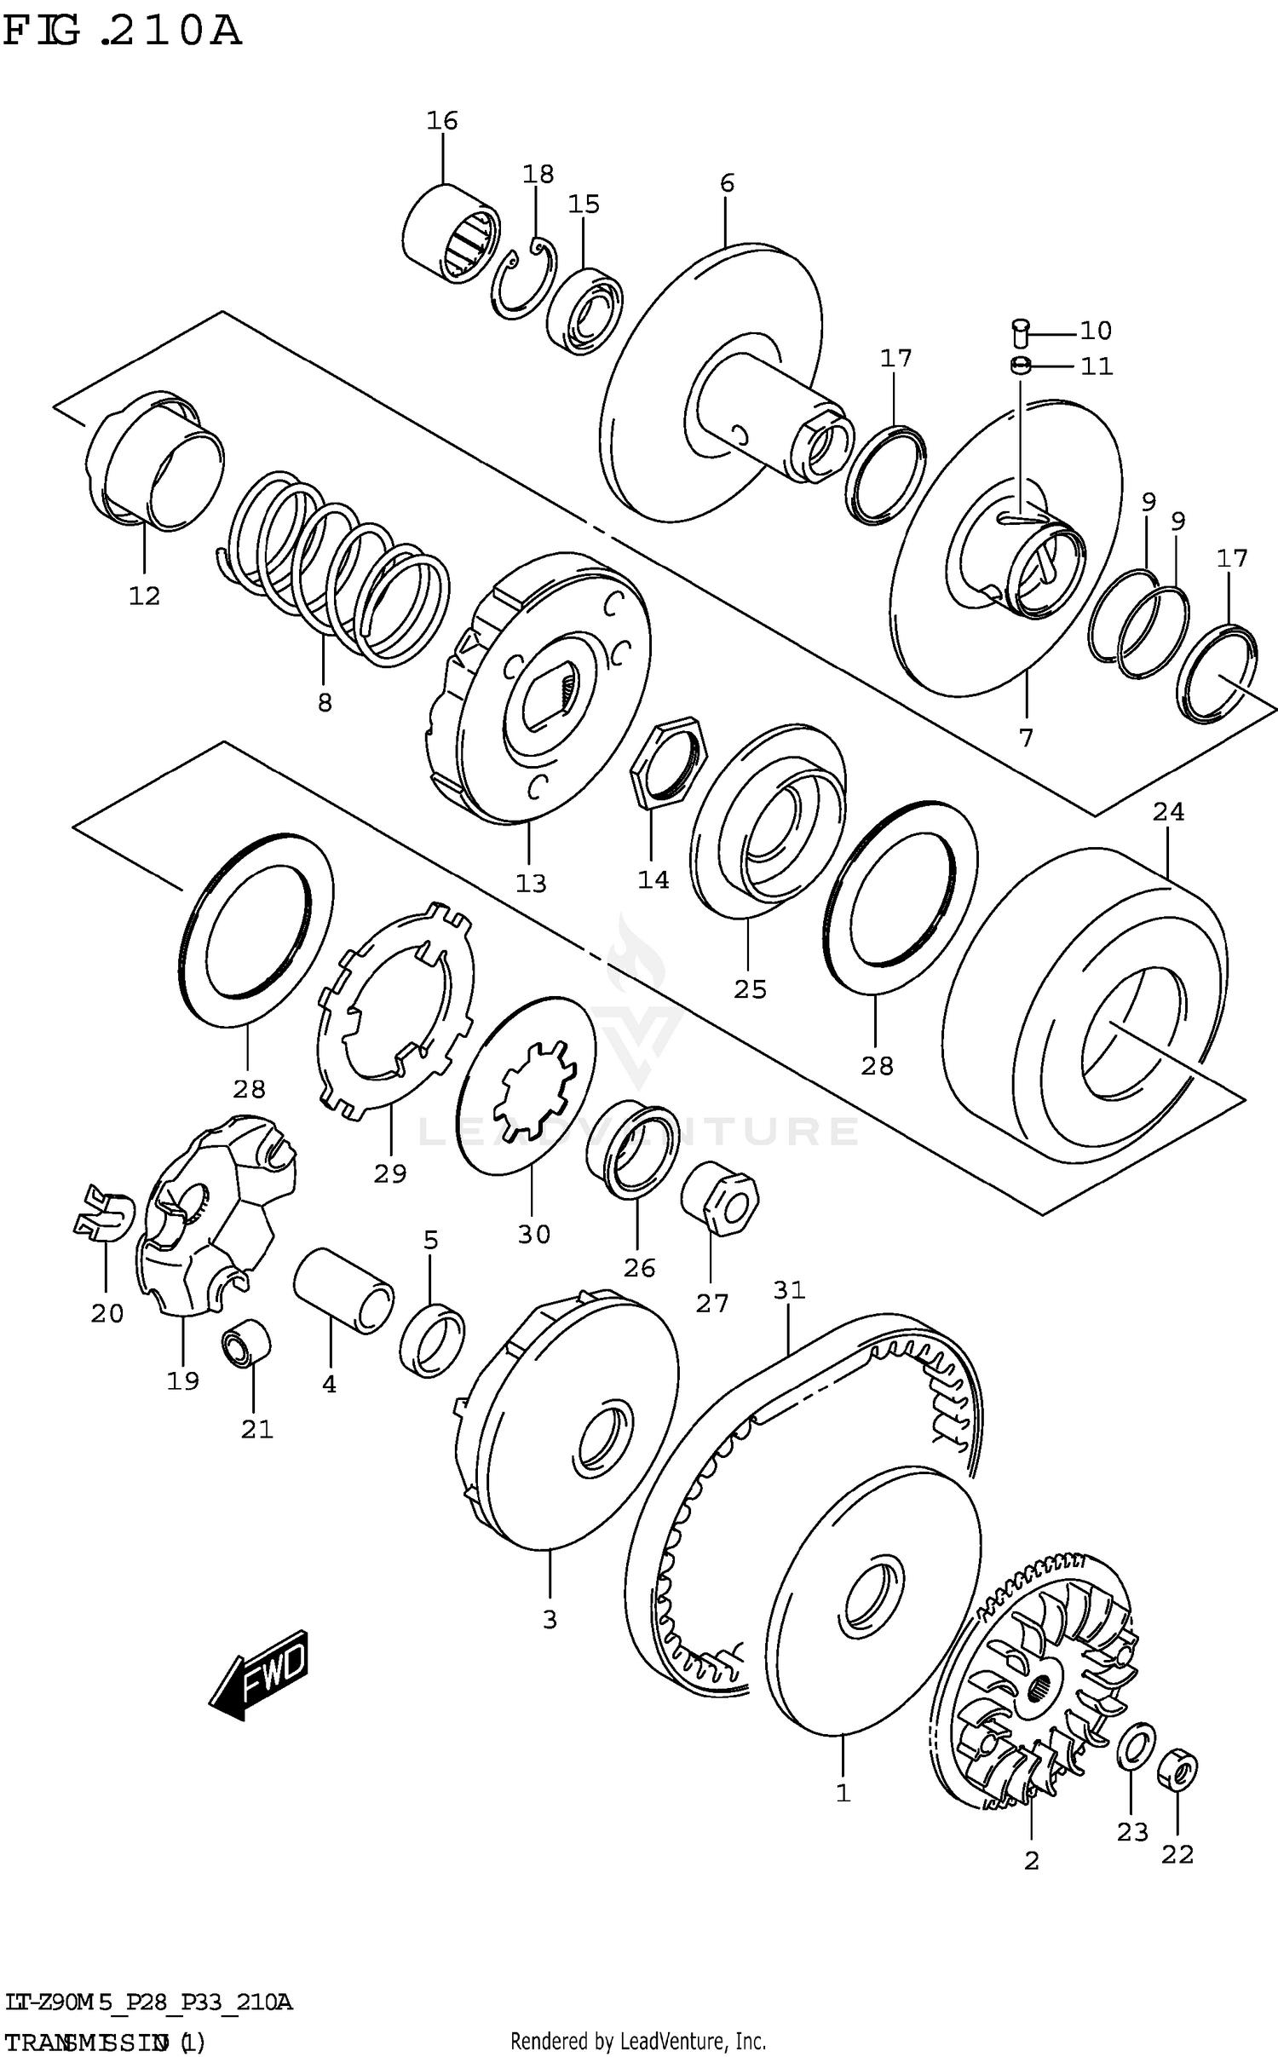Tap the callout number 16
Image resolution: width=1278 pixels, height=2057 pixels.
click(442, 121)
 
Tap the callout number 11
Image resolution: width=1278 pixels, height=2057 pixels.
click(1096, 366)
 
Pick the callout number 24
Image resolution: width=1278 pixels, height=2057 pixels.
click(1168, 812)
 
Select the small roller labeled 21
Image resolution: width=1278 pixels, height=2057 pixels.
click(246, 1345)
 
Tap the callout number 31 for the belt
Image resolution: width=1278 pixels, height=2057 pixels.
click(789, 1290)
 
